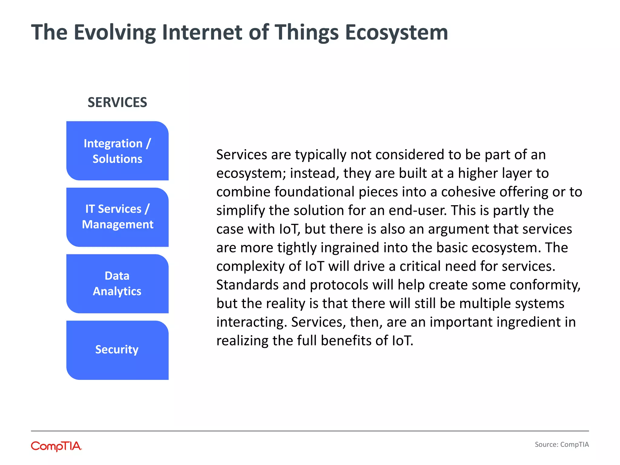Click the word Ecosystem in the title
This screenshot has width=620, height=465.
[396, 33]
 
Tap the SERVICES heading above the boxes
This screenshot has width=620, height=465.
[117, 102]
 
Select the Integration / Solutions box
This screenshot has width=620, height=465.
[117, 151]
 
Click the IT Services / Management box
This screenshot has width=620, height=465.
[117, 217]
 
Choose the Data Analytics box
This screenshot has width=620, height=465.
[117, 284]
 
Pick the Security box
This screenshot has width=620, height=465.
[117, 350]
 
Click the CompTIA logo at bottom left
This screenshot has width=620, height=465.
[56, 446]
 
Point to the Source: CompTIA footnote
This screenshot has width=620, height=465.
[562, 444]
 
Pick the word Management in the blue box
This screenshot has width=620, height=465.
[117, 225]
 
